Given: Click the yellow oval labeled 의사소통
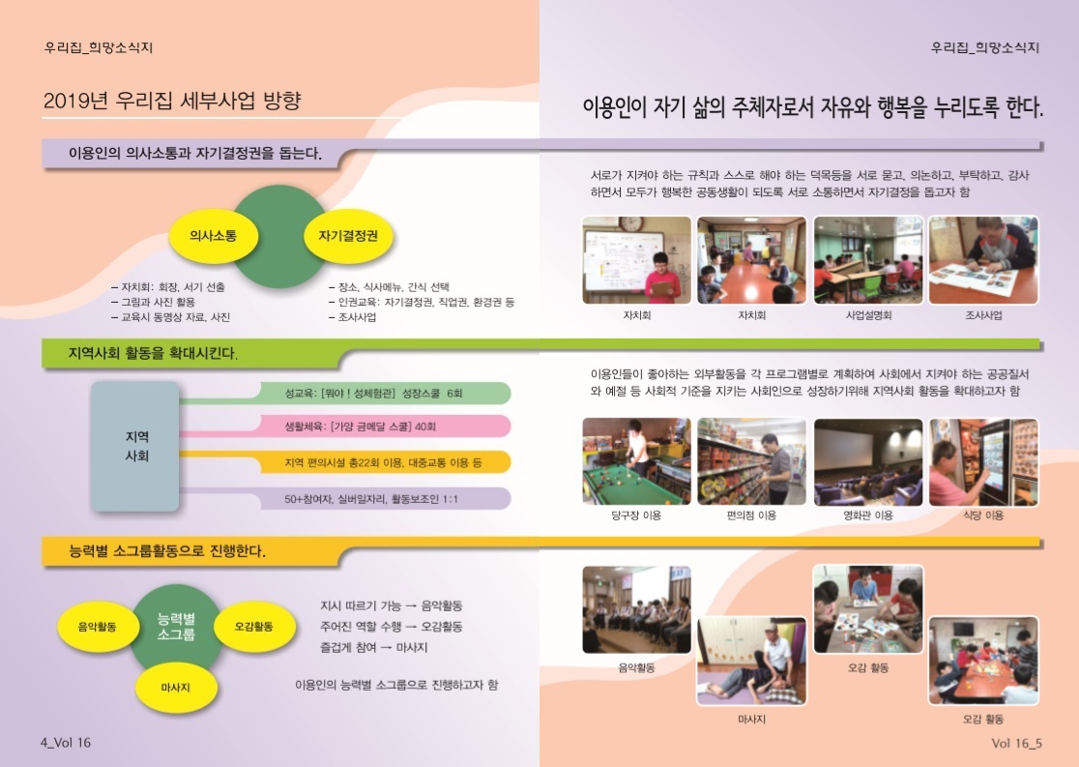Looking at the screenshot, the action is [214, 236].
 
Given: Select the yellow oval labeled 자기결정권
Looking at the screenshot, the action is [348, 236].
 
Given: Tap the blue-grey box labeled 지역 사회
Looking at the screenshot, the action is [135, 446].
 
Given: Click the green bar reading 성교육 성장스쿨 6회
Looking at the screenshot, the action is [386, 393].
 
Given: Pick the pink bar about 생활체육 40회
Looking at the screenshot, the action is [386, 427].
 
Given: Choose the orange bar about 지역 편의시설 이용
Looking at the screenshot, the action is [386, 462].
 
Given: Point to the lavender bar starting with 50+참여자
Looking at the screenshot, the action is [386, 498].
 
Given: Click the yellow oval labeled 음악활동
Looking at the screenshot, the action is [97, 627].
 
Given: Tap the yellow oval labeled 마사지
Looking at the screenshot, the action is [175, 687].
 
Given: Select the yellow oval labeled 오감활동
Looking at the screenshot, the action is [254, 627].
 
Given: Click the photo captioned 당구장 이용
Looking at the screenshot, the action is [636, 461].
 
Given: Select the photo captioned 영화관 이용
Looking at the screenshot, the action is [868, 461].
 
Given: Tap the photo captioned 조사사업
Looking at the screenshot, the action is [983, 260].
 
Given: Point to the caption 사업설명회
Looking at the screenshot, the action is [868, 315].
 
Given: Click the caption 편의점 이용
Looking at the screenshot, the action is [751, 515].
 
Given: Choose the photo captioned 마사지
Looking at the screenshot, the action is [751, 661].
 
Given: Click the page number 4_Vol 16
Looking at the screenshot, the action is [66, 742].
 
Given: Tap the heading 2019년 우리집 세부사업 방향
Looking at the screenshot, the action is [172, 101].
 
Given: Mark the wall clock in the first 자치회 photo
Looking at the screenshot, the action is [631, 223].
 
